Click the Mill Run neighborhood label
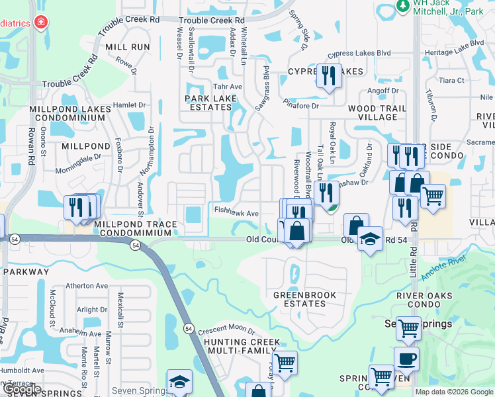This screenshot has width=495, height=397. [127, 47]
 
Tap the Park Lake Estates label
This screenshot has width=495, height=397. [210, 103]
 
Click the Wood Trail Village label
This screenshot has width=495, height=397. [373, 112]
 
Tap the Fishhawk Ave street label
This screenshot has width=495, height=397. [236, 213]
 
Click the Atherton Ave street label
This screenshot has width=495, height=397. [86, 286]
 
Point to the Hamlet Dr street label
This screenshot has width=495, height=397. [129, 105]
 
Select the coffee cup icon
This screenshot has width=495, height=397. [406, 359]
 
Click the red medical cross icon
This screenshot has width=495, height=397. [41, 23]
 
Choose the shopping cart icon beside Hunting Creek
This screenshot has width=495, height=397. [285, 362]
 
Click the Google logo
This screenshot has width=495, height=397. [21, 390]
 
